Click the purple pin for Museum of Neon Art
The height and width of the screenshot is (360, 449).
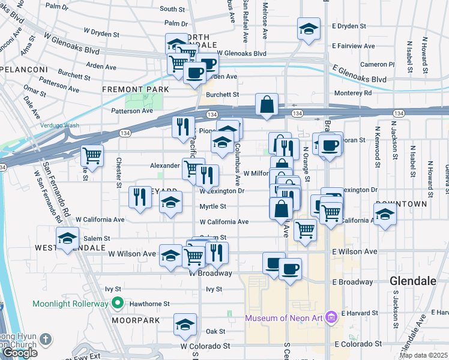(x=330, y=317)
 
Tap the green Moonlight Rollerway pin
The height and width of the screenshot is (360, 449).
(x=118, y=304)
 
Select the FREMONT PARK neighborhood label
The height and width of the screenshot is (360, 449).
(x=135, y=89)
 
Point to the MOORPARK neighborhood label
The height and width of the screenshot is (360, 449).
(x=136, y=320)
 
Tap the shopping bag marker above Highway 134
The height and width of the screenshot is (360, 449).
(x=267, y=104)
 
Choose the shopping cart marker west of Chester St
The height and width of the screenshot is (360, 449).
(x=92, y=155)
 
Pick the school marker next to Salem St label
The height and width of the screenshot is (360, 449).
(x=67, y=238)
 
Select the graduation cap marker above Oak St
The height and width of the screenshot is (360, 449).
(x=185, y=325)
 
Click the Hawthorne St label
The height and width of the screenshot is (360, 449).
(x=149, y=304)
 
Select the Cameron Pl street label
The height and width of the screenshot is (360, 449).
(x=377, y=64)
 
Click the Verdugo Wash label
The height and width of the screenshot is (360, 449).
(x=59, y=125)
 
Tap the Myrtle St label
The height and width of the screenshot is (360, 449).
(x=212, y=206)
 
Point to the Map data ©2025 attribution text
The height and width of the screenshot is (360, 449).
(x=423, y=355)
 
